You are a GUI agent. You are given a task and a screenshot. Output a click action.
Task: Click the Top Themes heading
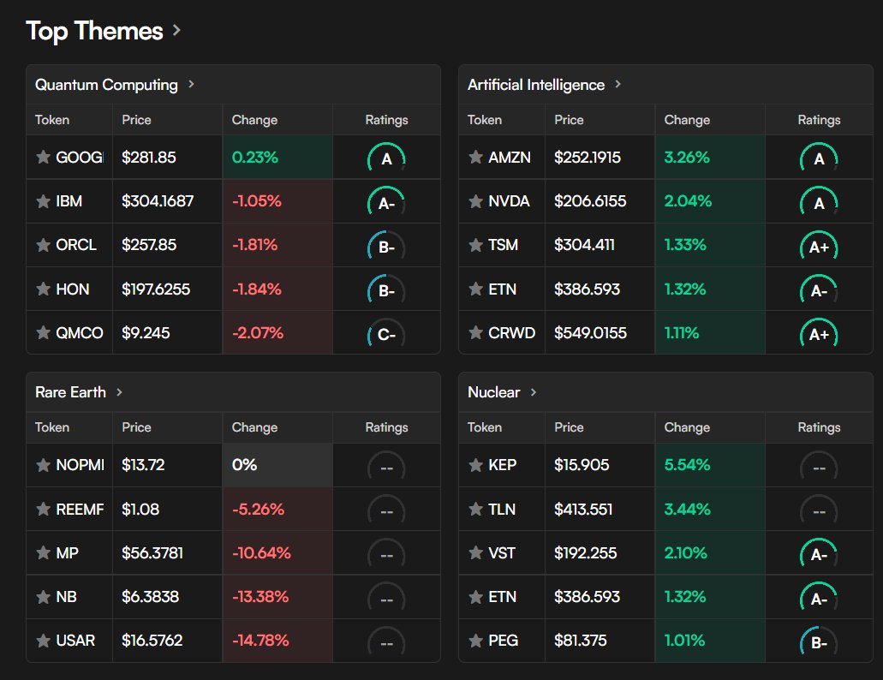click(94, 31)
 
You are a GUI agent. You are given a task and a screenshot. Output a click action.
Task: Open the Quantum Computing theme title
click(106, 85)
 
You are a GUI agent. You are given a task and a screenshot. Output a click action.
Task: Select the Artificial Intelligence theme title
click(536, 85)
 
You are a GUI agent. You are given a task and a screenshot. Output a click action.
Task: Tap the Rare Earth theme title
click(70, 392)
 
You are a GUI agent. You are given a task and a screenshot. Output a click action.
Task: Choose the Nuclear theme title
click(493, 392)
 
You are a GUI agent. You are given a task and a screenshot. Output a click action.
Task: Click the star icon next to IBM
click(43, 201)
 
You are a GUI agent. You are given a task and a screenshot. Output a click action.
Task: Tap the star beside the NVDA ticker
click(475, 201)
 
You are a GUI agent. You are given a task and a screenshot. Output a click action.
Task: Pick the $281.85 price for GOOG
click(149, 158)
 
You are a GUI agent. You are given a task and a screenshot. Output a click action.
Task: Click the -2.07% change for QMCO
click(258, 333)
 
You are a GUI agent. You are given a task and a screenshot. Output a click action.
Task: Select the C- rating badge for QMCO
click(386, 334)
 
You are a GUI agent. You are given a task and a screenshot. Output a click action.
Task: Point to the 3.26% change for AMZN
click(686, 158)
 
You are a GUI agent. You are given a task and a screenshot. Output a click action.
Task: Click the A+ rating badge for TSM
click(819, 246)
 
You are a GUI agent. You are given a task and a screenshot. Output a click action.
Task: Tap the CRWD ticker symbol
click(511, 333)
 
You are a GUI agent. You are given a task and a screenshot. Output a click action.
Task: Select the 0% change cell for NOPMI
click(244, 465)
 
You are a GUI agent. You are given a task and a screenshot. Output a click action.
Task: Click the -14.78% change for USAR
click(260, 641)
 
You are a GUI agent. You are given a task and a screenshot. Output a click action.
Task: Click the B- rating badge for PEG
click(819, 641)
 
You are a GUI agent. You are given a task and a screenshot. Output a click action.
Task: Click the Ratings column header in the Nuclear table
click(819, 427)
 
